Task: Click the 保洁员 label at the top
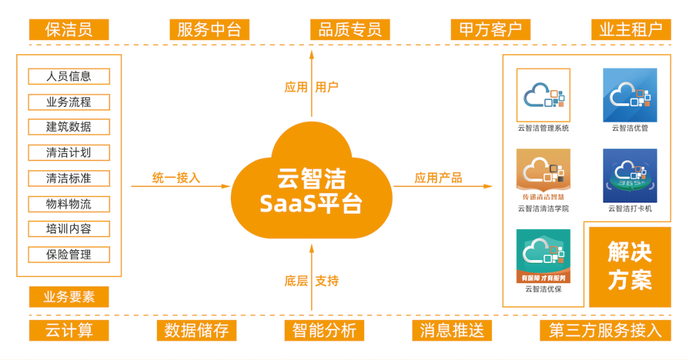click(69, 29)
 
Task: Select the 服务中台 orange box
click(209, 29)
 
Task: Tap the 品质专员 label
click(350, 29)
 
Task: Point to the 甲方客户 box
click(490, 29)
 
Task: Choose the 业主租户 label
click(630, 29)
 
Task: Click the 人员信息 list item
click(69, 77)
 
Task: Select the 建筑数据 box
click(69, 126)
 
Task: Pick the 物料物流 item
click(69, 204)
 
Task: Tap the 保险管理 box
click(69, 254)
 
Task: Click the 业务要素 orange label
click(69, 297)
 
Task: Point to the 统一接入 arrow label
click(176, 178)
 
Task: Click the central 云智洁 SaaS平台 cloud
click(311, 182)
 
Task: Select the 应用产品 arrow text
click(438, 178)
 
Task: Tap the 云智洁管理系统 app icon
click(543, 95)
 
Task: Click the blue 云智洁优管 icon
click(630, 95)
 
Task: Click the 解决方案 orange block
click(630, 266)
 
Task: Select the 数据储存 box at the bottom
click(196, 330)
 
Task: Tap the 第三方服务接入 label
click(605, 330)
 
